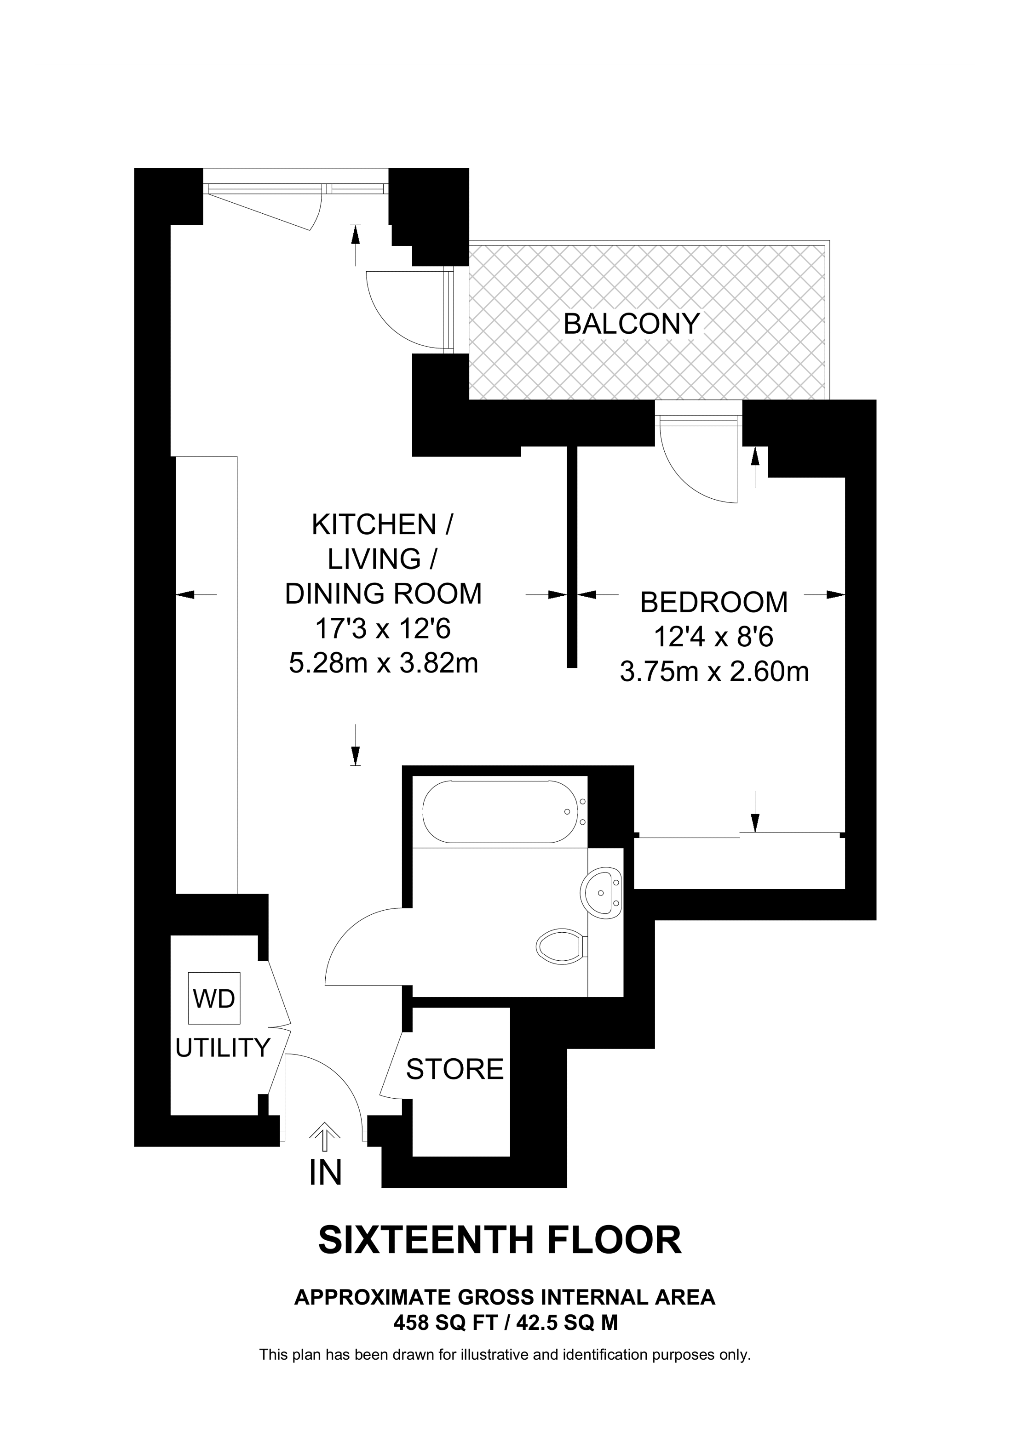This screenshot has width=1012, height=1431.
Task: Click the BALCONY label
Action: click(631, 324)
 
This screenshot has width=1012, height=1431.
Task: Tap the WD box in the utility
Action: click(214, 998)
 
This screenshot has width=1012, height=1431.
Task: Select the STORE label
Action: click(454, 1069)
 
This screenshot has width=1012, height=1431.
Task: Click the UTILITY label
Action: click(223, 1048)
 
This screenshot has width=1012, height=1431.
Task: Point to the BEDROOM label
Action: click(714, 602)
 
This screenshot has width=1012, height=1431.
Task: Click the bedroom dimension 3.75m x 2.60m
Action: click(714, 672)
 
